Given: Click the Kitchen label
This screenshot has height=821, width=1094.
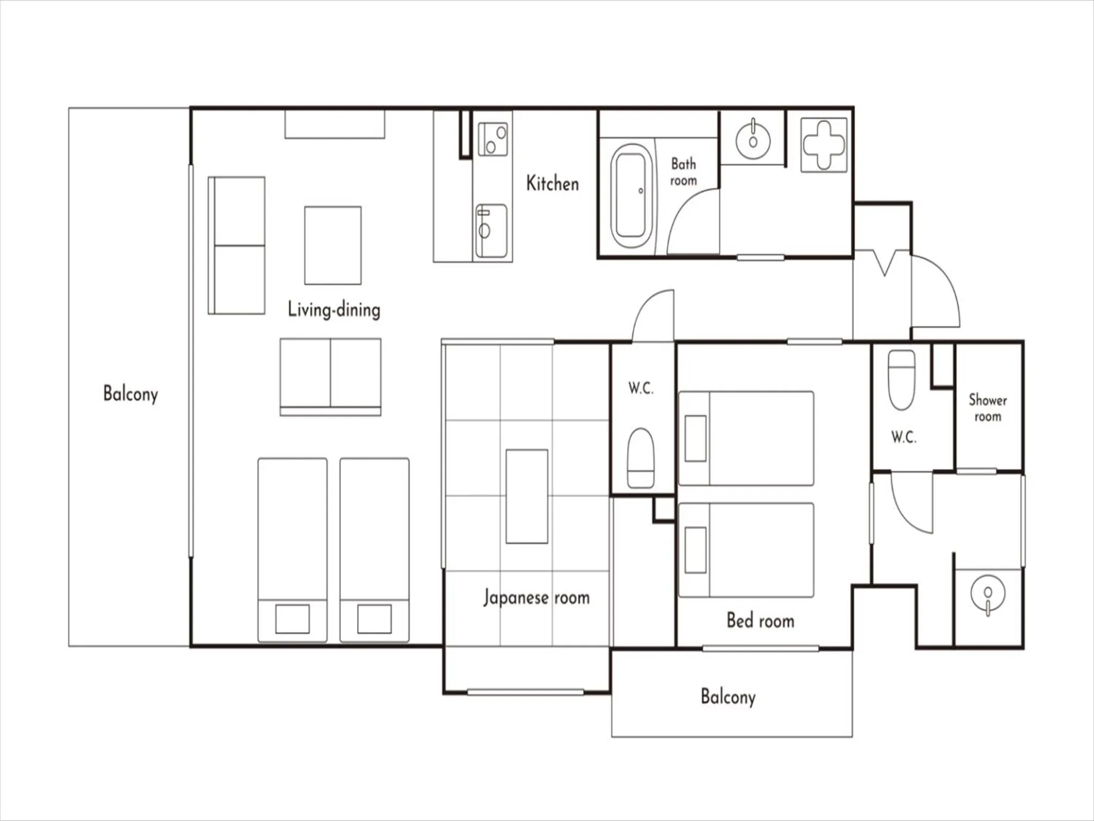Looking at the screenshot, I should (552, 183).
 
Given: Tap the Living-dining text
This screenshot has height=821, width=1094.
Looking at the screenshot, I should (334, 309).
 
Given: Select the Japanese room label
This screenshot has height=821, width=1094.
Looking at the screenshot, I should (536, 597).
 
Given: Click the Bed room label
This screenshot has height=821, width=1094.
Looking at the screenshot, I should (760, 621).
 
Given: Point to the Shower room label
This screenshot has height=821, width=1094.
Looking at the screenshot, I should (987, 408).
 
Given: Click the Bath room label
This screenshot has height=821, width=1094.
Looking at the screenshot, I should (683, 172).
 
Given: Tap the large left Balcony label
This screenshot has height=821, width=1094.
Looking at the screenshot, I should (130, 394).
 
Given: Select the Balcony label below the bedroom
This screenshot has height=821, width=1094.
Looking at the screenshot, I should (728, 697).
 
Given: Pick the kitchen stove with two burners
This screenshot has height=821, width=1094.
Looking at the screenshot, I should (493, 139).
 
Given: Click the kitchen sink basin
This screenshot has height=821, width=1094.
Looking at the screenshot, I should (491, 231).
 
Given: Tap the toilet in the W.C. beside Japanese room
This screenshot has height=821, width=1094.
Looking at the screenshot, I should (640, 458).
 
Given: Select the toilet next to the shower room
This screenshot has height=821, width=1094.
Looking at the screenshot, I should (902, 379).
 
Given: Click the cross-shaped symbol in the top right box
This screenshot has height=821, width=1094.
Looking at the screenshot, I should (824, 145).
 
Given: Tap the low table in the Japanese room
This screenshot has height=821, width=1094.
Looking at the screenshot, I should (527, 496).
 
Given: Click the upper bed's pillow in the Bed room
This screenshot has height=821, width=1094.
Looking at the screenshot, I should (696, 438).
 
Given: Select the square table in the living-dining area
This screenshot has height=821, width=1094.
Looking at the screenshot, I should (333, 245).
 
